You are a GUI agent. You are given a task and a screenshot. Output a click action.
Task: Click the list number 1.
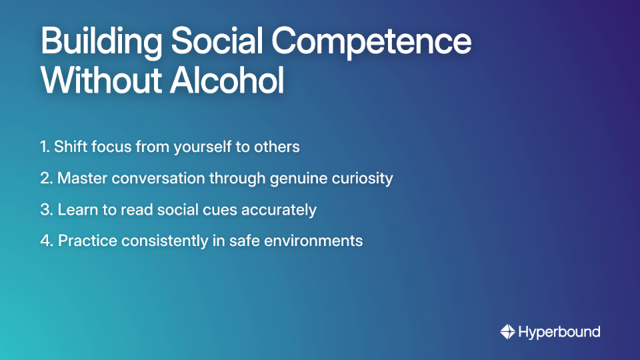tap(45, 147)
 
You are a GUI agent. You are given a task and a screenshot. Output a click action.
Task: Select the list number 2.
tap(46, 178)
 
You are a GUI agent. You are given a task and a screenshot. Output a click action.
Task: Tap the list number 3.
tap(46, 209)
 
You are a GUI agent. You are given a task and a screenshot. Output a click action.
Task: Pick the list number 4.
tap(46, 241)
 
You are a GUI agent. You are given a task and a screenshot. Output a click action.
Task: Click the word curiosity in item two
tap(365, 178)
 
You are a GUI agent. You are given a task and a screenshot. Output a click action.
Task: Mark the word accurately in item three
tap(285, 209)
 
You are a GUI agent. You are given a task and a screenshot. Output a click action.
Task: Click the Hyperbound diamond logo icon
tap(507, 331)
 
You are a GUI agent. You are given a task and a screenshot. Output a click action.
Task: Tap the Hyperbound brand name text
tap(559, 331)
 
